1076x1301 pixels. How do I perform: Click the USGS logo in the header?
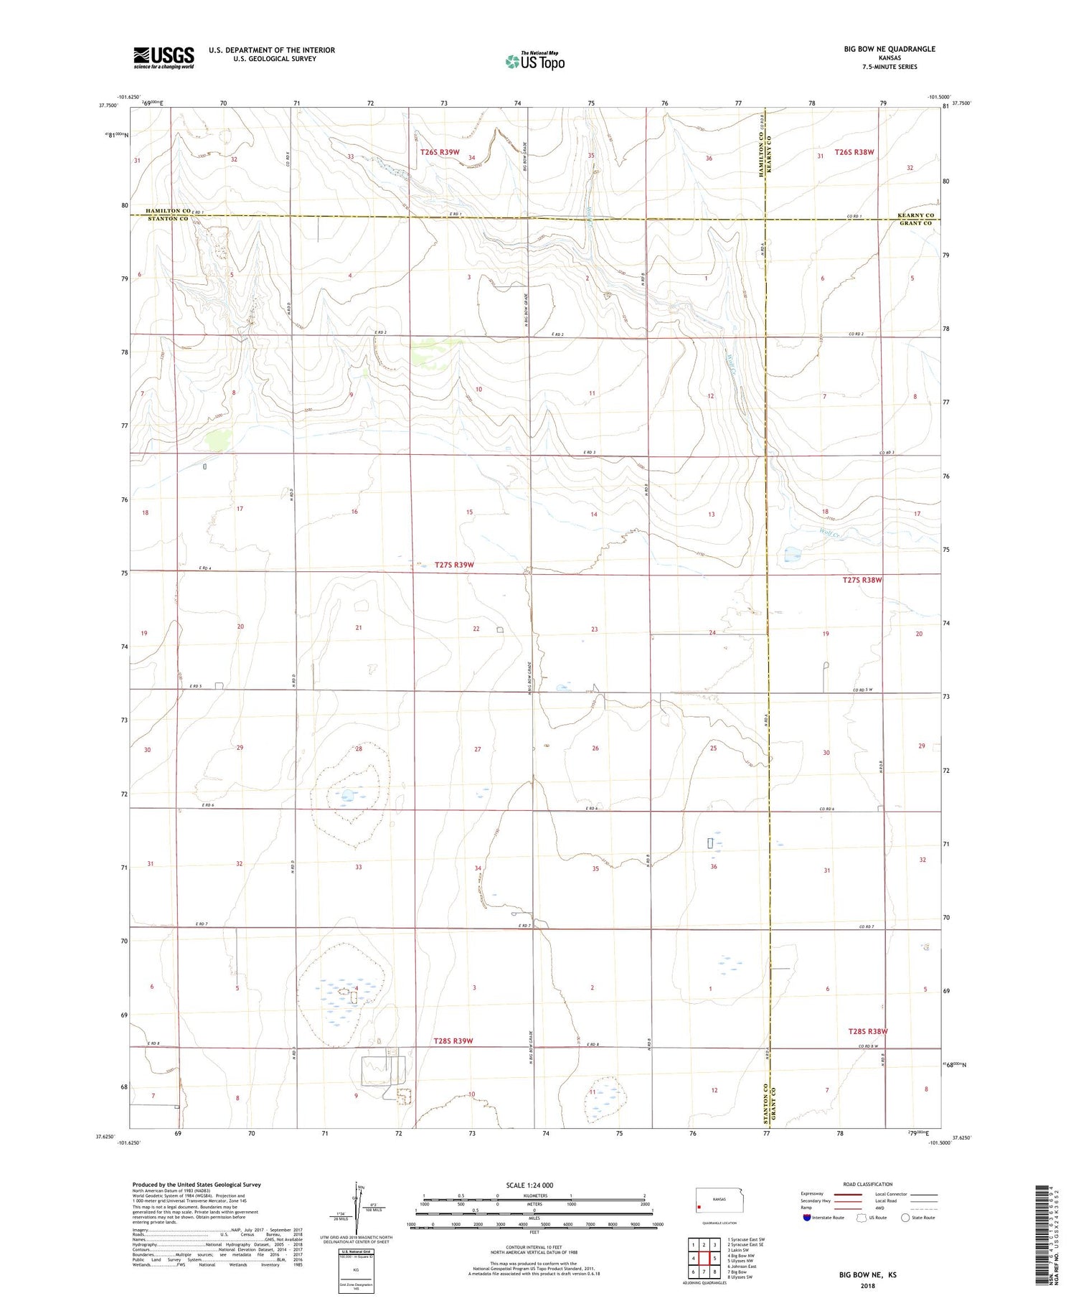point(164,57)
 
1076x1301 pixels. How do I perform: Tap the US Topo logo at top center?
point(534,62)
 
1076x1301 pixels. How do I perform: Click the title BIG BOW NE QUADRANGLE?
point(889,49)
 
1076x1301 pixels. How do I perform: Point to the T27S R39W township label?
point(454,565)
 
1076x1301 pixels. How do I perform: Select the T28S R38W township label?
point(868,1031)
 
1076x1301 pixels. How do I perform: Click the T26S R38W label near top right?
point(854,152)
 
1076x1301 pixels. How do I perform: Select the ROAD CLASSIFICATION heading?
point(867,1184)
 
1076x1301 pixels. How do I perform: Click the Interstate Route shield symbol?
point(807,1217)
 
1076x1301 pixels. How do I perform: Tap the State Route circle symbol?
point(905,1217)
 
